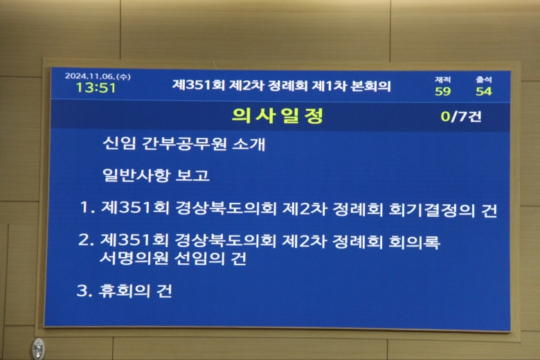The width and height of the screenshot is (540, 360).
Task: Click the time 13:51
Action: [x=96, y=88]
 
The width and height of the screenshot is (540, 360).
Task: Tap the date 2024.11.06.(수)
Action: [x=98, y=76]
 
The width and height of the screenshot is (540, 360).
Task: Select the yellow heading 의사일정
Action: [x=278, y=116]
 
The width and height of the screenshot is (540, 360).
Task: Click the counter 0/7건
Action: [x=461, y=116]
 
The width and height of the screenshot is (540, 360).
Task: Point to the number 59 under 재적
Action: [x=443, y=91]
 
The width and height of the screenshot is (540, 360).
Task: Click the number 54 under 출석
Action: [x=484, y=91]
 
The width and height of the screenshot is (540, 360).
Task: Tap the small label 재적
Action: [x=443, y=80]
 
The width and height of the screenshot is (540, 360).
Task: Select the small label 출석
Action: [x=484, y=80]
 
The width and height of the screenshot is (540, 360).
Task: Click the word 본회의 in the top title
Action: [x=370, y=86]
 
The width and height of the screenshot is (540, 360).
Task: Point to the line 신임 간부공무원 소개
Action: [x=184, y=143]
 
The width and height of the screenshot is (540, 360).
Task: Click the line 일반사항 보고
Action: [x=156, y=174]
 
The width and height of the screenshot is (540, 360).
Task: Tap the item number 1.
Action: [x=87, y=208]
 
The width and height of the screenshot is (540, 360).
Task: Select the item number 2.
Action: [x=86, y=240]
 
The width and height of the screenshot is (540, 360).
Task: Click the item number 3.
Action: [x=84, y=291]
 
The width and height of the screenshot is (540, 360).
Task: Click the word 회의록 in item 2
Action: [x=414, y=242]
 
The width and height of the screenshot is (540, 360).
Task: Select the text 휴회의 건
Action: [x=135, y=291]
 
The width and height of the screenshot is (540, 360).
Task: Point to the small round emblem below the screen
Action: [x=39, y=349]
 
